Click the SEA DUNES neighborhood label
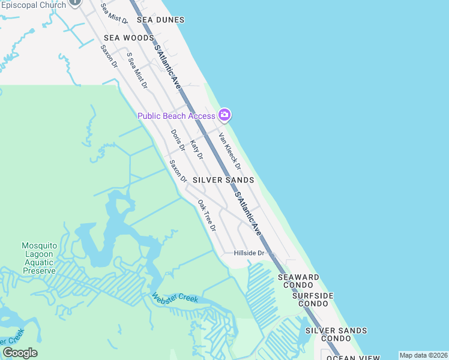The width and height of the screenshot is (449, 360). [159, 20]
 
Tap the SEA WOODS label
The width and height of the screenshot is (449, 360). [128, 38]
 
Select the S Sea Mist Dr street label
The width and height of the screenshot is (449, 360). [137, 70]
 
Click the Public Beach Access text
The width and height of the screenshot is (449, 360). [176, 116]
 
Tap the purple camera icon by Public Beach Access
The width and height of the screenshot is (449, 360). [224, 115]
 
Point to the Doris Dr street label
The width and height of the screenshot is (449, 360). [177, 141]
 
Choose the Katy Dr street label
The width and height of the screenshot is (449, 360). [196, 150]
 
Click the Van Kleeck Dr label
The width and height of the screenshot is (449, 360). [229, 151]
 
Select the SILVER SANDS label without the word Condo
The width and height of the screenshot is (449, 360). [223, 180]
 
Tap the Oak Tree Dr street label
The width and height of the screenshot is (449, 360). [206, 215]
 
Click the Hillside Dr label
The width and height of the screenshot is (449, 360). [249, 253]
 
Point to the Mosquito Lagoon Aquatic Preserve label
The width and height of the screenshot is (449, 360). [39, 258]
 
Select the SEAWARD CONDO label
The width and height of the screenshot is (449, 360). [298, 281]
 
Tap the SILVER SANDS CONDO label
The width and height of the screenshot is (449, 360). [336, 334]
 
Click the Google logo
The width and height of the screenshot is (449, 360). [20, 353]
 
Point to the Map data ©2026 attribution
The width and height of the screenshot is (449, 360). [423, 355]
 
